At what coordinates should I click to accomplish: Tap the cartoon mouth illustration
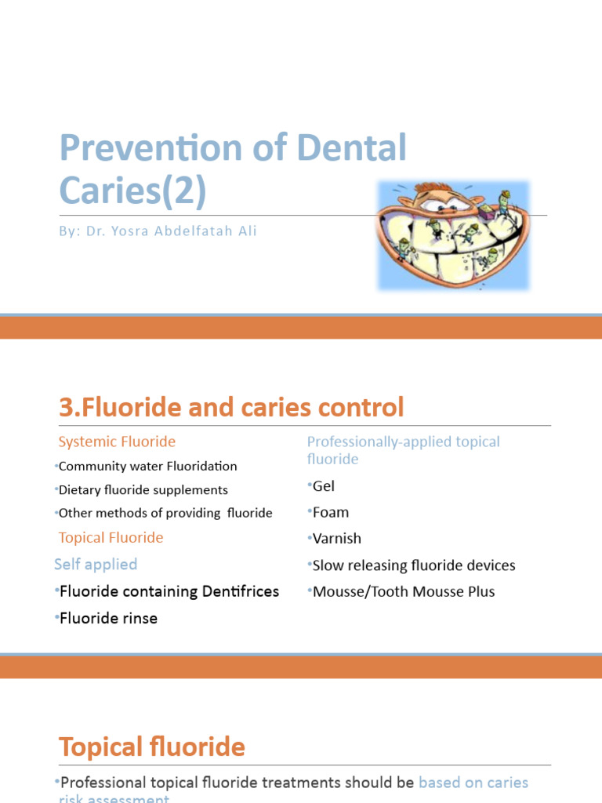(454, 234)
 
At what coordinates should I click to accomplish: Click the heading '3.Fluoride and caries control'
(231, 407)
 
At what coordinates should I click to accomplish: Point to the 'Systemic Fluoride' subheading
(117, 441)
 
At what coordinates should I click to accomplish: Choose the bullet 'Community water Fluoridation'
(148, 466)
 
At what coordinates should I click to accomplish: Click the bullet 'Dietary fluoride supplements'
(143, 489)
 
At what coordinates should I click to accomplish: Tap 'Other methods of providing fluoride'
(166, 513)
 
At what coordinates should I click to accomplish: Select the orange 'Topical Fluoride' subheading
(111, 537)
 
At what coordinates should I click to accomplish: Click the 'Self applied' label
(96, 564)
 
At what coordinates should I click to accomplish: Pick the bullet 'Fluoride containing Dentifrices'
(169, 590)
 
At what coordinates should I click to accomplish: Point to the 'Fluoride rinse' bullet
(109, 618)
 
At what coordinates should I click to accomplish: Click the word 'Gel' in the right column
(324, 486)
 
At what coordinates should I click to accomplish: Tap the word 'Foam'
(331, 512)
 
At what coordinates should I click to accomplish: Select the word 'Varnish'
(337, 539)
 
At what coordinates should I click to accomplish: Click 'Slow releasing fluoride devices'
(414, 565)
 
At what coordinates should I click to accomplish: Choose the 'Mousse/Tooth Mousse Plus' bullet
(404, 591)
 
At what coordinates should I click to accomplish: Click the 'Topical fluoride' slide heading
(152, 747)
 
